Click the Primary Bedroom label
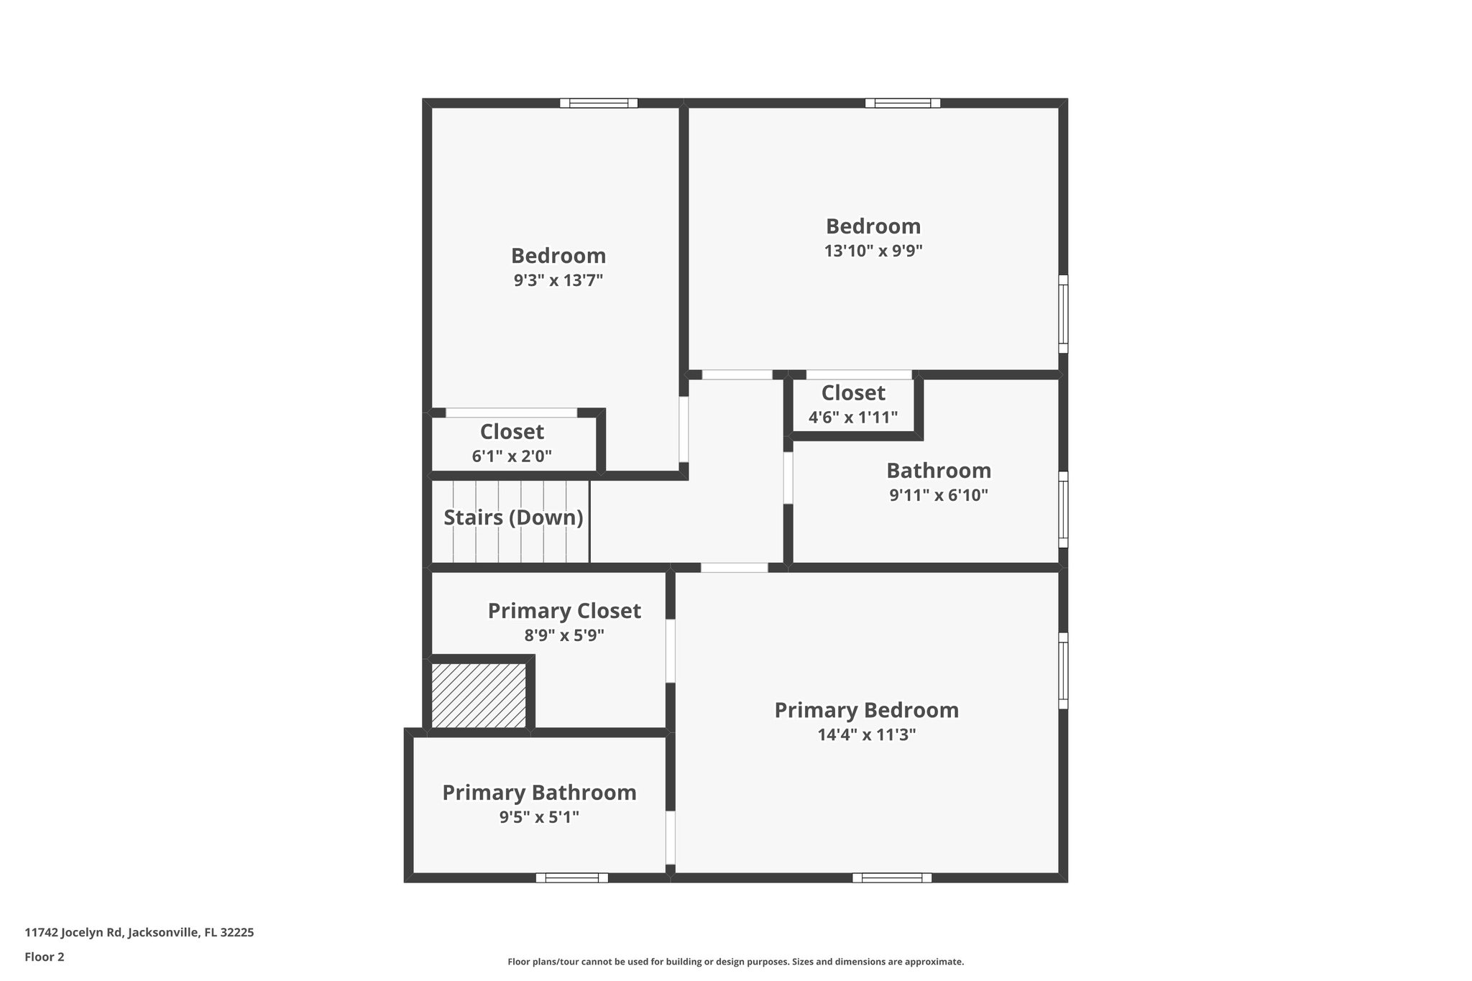point(866,710)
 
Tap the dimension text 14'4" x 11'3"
point(866,734)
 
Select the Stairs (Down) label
point(512,517)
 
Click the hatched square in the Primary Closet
point(479,695)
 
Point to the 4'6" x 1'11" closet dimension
point(852,418)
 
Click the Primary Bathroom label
point(539,793)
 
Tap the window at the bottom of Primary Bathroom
point(571,878)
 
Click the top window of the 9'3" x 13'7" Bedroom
point(599,103)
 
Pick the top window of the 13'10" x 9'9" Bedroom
point(902,103)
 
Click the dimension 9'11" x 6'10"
point(939,495)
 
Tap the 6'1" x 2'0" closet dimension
point(512,456)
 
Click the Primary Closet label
point(564,611)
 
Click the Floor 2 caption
point(45,957)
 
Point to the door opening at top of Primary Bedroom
point(734,568)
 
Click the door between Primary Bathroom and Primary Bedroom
point(670,837)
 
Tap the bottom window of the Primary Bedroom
point(891,878)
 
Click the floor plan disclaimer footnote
point(735,962)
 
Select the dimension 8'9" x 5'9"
point(564,635)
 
